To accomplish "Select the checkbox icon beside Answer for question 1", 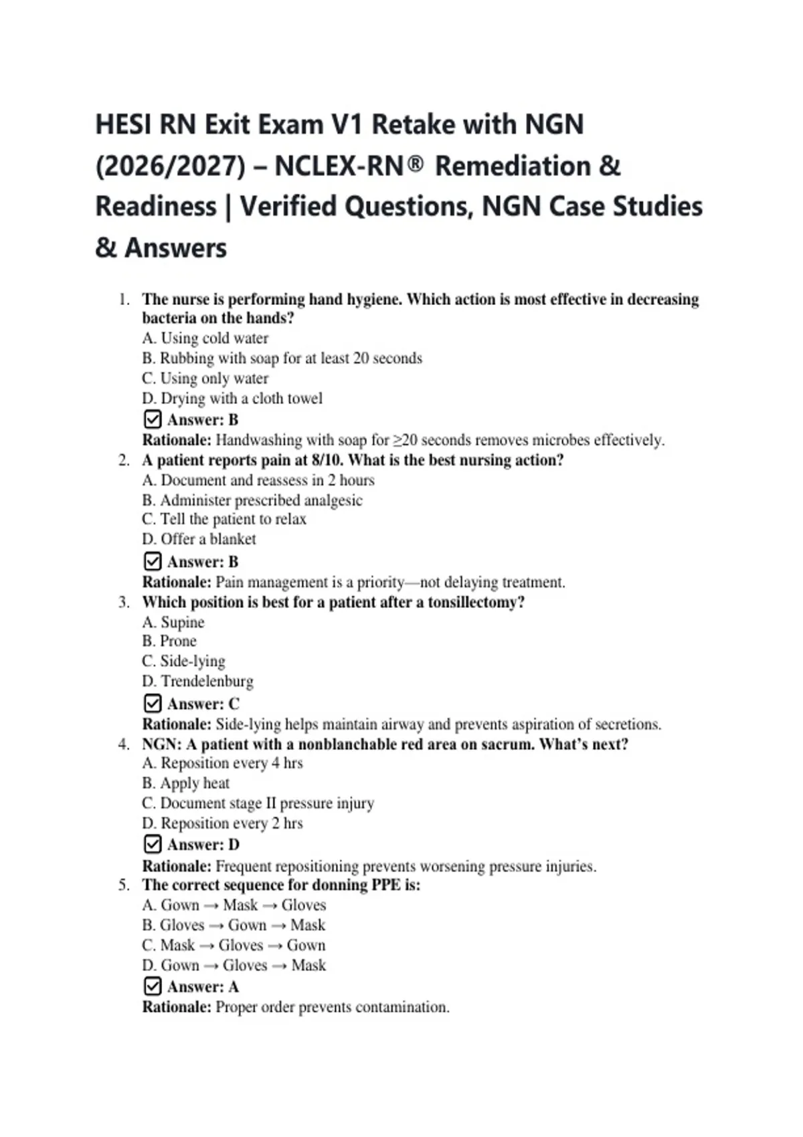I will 153,419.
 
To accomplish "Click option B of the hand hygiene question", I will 282,358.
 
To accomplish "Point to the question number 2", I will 124,460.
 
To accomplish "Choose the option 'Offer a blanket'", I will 199,539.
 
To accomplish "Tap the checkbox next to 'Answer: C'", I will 153,704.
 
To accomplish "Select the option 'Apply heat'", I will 186,783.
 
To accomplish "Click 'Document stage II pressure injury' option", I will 258,803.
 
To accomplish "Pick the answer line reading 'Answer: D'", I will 203,845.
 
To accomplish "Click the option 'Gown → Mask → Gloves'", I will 234,906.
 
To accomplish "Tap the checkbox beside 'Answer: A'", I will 153,987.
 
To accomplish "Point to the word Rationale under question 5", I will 177,1007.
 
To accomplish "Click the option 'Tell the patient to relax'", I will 224,520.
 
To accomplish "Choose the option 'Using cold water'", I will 205,338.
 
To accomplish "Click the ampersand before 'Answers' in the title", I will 106,248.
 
